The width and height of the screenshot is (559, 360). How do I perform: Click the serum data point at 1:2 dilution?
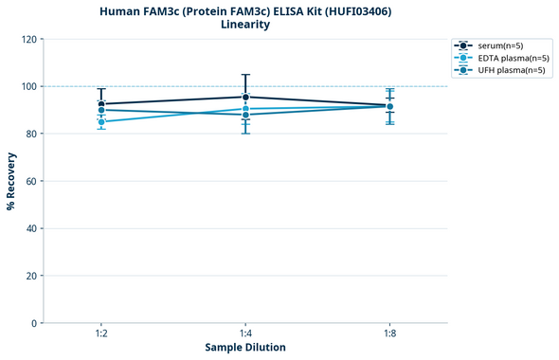(101, 104)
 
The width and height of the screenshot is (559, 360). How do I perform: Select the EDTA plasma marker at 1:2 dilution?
(101, 122)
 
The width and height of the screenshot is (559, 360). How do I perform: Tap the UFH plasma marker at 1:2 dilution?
(101, 110)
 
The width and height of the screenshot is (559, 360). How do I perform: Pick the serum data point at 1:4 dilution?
(245, 97)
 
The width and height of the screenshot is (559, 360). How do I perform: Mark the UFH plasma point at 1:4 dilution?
(245, 115)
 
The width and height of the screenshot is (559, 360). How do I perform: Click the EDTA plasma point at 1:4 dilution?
(245, 109)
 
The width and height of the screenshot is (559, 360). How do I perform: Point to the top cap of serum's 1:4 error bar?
(245, 75)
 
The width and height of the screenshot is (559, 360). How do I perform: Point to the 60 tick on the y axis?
(32, 181)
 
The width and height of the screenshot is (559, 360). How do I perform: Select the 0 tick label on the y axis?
(35, 323)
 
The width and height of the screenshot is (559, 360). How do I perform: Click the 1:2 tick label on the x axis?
(101, 333)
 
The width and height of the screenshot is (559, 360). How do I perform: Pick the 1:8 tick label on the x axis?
(389, 333)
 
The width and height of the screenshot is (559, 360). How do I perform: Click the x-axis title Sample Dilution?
(245, 348)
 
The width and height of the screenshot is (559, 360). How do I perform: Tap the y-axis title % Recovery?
(11, 181)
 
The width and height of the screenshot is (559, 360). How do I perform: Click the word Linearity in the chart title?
(245, 25)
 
